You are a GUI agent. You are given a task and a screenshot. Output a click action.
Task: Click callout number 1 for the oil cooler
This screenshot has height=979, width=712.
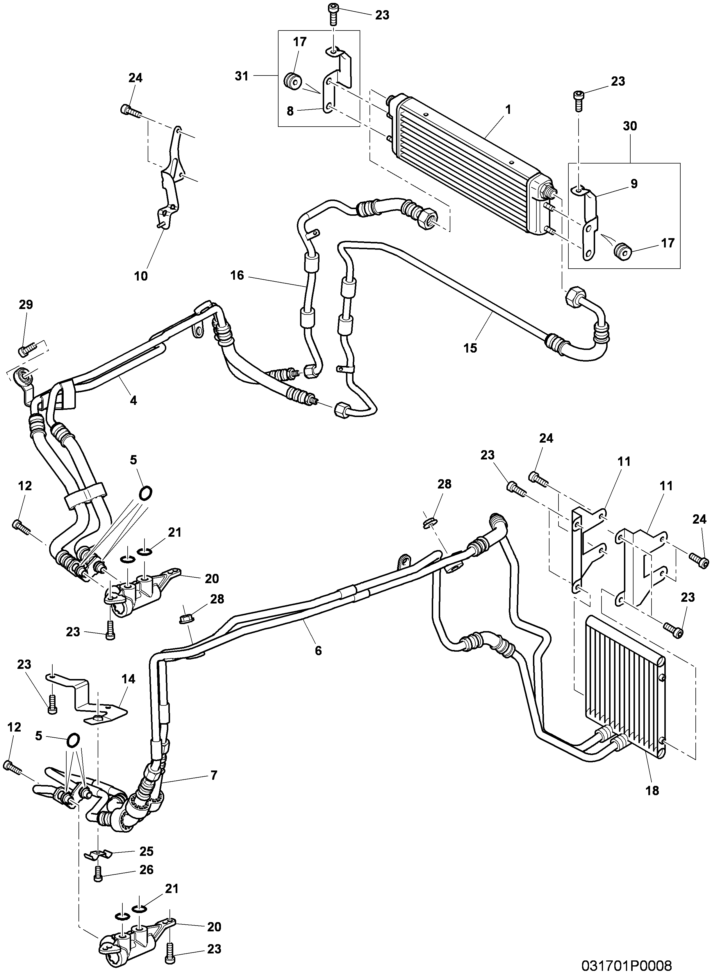pos(508,110)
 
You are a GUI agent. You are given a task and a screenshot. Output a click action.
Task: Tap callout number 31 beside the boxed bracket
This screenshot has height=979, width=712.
pos(242,76)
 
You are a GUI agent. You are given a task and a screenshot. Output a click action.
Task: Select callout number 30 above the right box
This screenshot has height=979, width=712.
pos(630,126)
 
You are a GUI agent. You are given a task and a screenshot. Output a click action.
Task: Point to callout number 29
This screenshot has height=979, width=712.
pos(26,305)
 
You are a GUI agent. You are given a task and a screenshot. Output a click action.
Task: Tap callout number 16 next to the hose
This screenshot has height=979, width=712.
pos(237,275)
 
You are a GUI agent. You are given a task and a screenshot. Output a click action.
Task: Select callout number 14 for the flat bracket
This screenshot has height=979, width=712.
pos(128,679)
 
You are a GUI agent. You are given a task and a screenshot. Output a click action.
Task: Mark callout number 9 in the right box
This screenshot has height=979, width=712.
pos(634,184)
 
